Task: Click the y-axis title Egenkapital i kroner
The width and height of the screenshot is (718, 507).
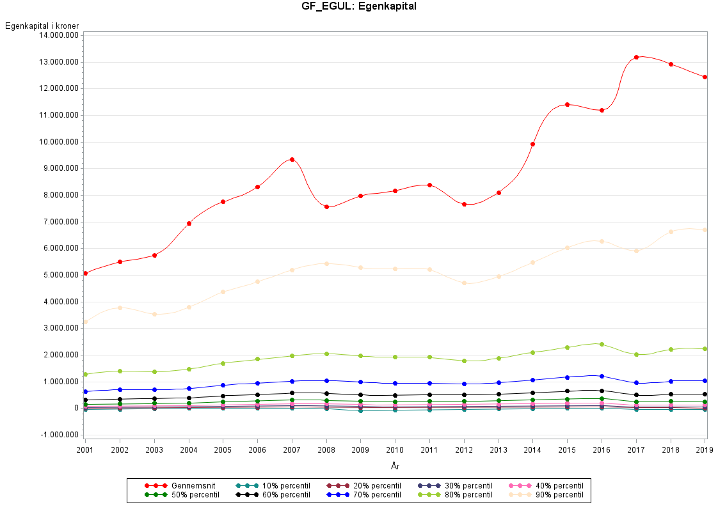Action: pyautogui.click(x=42, y=26)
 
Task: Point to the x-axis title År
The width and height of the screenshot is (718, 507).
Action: pyautogui.click(x=395, y=465)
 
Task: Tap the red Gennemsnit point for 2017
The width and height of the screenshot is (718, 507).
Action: pyautogui.click(x=636, y=57)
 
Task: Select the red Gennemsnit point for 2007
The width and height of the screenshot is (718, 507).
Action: pyautogui.click(x=292, y=159)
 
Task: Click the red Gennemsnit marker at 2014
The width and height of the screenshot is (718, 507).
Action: pyautogui.click(x=532, y=144)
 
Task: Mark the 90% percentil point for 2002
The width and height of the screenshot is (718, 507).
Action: pyautogui.click(x=120, y=308)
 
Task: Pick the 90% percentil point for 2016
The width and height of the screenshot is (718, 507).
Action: pyautogui.click(x=602, y=241)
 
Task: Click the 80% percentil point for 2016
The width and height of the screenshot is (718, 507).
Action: pyautogui.click(x=602, y=344)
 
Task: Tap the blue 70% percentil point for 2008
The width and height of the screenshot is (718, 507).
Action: pyautogui.click(x=326, y=380)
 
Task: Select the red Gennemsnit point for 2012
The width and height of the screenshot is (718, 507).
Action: pyautogui.click(x=464, y=204)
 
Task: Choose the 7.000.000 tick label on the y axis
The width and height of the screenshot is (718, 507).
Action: pyautogui.click(x=59, y=222)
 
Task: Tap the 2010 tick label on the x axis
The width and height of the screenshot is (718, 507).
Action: pyautogui.click(x=395, y=450)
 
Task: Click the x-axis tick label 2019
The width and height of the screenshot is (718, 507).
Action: pyautogui.click(x=705, y=450)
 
